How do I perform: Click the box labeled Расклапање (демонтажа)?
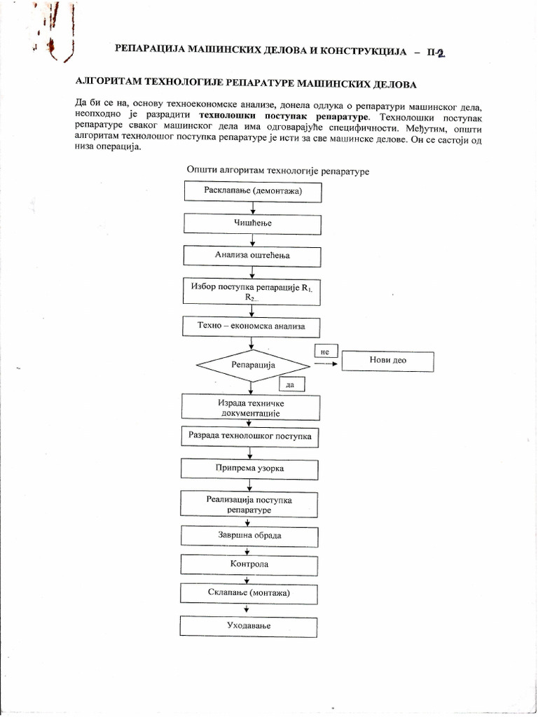click(x=252, y=191)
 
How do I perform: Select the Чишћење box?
click(x=252, y=223)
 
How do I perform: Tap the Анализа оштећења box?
click(x=252, y=256)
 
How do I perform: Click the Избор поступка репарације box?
click(x=252, y=291)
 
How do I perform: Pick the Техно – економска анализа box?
click(x=252, y=326)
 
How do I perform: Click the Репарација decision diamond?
click(x=253, y=365)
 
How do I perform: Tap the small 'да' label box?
click(x=290, y=384)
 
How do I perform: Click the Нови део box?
click(x=387, y=361)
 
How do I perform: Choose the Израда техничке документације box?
click(x=250, y=409)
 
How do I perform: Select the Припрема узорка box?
click(x=250, y=468)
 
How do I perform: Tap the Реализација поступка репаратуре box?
click(x=249, y=505)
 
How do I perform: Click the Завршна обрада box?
click(x=249, y=536)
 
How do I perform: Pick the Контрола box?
click(x=249, y=564)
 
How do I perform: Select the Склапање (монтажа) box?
click(x=249, y=593)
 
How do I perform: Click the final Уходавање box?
click(x=249, y=625)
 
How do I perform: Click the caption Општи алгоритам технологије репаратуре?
click(x=277, y=170)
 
